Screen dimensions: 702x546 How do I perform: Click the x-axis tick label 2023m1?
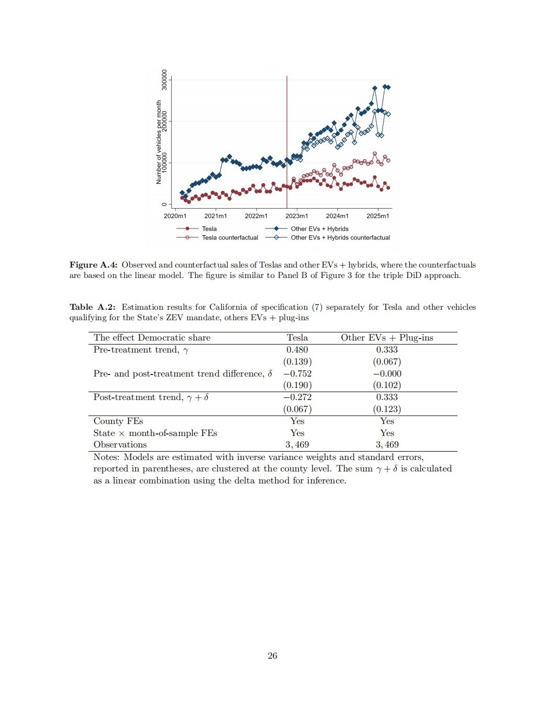[296, 216]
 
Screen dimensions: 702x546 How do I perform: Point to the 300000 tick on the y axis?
[165, 80]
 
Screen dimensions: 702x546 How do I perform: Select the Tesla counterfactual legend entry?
[230, 238]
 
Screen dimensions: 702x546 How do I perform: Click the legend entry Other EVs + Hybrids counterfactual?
[340, 238]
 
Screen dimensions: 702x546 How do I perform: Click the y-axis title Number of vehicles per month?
[159, 142]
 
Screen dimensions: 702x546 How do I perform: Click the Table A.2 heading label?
[92, 307]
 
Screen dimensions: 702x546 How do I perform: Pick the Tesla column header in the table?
[297, 338]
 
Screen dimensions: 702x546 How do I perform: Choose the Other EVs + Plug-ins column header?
[387, 338]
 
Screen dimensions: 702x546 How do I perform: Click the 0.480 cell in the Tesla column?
[297, 350]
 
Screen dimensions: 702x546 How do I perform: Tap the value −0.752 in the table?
[297, 374]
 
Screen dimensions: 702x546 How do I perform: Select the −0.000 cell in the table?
[387, 374]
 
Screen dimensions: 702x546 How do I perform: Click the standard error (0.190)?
[297, 385]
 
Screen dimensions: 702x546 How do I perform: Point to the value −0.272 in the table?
[297, 397]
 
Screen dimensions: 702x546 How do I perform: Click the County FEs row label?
[118, 421]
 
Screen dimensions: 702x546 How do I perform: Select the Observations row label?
[120, 445]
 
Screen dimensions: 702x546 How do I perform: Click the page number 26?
[272, 656]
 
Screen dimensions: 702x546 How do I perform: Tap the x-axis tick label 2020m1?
[175, 216]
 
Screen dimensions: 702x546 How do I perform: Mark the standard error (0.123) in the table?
[387, 409]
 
